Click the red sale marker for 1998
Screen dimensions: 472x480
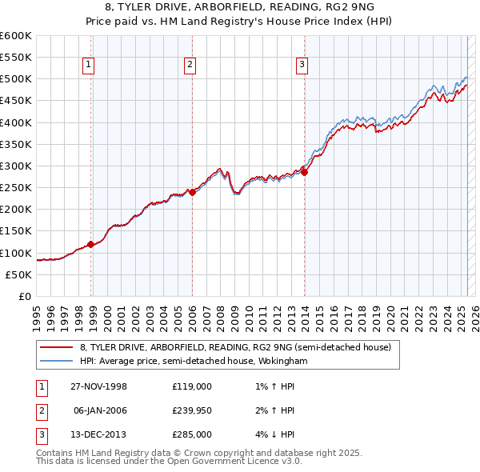91,244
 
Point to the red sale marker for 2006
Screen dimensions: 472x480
192,192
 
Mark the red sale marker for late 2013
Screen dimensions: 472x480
305,172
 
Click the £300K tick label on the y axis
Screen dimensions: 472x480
16,166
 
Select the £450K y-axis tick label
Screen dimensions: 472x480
16,101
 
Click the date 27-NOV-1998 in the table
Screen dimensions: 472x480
99,386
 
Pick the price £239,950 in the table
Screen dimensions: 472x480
192,410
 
